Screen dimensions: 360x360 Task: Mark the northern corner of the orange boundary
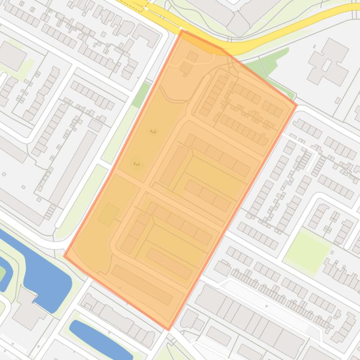[x=182, y=31]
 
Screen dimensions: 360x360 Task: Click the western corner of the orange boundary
[x=64, y=256]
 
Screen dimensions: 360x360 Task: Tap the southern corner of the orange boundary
[x=169, y=329]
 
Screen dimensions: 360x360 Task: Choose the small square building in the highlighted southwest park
[x=108, y=214]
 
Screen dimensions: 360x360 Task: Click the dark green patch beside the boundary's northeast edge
[x=267, y=65]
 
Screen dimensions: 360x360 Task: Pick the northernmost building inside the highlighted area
[x=192, y=56]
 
